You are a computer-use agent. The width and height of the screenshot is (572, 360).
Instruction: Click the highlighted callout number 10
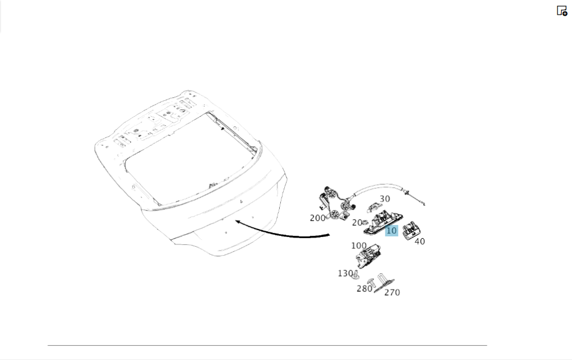point(391,231)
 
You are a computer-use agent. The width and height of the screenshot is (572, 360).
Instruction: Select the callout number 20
point(357,222)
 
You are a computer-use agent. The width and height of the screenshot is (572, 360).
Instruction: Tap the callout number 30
point(385,199)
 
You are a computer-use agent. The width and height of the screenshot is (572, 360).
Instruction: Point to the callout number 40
point(419,242)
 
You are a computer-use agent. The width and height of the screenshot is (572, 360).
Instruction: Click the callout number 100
point(359,246)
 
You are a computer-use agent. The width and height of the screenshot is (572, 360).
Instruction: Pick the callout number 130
point(345,274)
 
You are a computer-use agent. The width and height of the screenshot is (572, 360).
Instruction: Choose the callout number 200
point(317,218)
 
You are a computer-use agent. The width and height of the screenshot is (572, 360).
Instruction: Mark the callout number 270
point(392,292)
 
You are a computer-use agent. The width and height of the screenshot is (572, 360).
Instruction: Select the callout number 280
point(364,289)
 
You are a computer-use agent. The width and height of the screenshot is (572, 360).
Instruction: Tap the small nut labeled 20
point(365,222)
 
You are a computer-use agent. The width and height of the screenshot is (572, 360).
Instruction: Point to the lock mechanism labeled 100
point(368,255)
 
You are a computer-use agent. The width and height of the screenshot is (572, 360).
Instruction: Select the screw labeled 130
point(356,275)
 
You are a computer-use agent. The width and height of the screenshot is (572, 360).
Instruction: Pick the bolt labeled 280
point(371,283)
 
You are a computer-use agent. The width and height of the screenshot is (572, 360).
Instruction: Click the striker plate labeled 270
point(384,283)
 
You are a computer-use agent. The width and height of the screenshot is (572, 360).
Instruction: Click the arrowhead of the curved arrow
point(238,221)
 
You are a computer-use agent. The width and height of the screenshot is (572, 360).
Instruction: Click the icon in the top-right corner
point(562,10)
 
